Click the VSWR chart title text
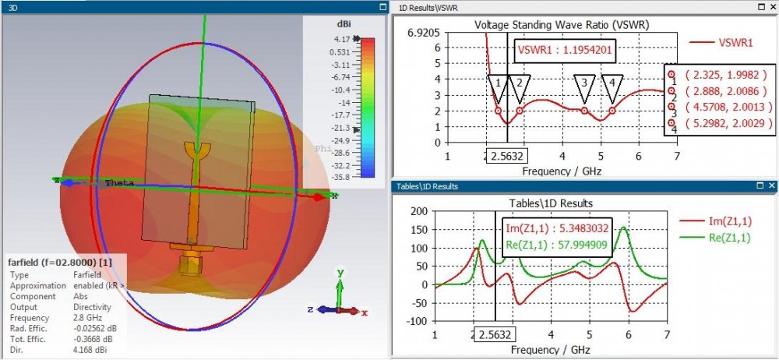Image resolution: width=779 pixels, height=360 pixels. [x=562, y=24]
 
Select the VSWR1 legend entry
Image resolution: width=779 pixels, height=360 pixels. [x=729, y=44]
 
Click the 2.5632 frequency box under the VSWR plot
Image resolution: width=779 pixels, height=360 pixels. [x=506, y=157]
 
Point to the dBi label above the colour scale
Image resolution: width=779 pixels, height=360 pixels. [x=344, y=23]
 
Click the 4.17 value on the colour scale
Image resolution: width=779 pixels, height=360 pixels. [x=341, y=39]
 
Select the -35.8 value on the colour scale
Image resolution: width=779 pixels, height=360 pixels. [x=340, y=178]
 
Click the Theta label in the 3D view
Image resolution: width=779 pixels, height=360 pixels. [x=119, y=183]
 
